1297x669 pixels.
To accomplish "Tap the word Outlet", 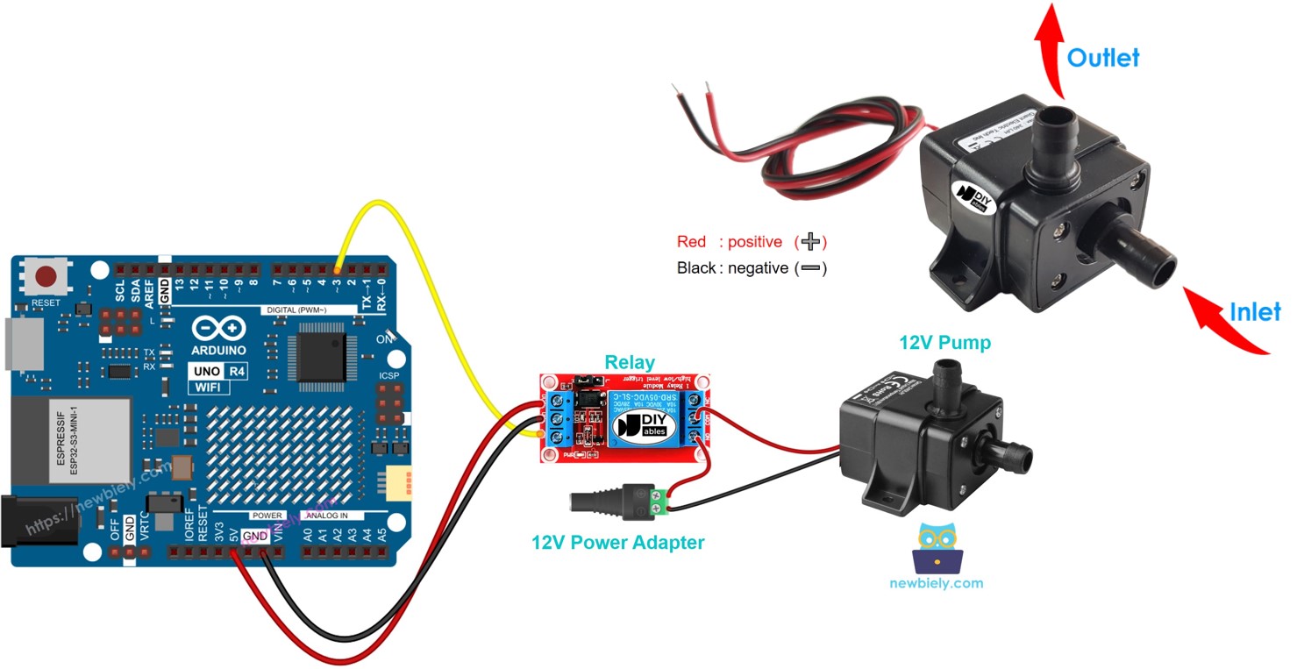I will click(x=1102, y=58).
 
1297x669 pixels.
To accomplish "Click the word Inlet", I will click(x=1254, y=311).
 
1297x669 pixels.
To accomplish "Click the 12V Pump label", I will click(x=944, y=342).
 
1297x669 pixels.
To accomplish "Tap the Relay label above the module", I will click(x=630, y=362).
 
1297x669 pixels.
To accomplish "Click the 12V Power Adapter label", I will click(x=617, y=542).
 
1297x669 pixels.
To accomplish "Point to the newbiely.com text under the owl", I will click(x=936, y=583).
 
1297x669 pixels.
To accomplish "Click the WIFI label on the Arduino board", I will click(x=208, y=387).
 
